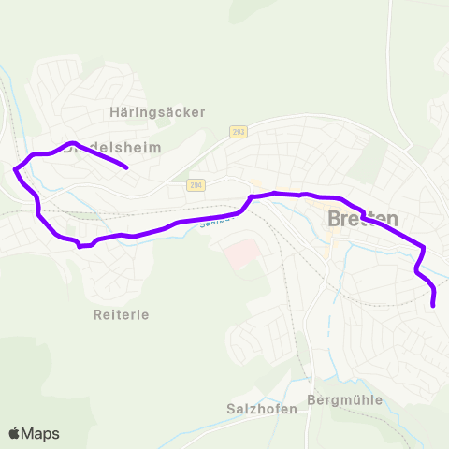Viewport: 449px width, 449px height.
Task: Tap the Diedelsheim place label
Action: coord(112,148)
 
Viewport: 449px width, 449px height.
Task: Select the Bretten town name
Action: coord(363,219)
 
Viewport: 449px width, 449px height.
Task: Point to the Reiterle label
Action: coord(121,314)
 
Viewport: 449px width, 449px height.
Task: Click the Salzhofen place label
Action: coord(262,409)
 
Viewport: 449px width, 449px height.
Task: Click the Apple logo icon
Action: coord(15,434)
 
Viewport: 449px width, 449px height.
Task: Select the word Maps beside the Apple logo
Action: coord(40,434)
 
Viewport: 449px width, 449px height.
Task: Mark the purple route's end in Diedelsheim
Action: coord(125,168)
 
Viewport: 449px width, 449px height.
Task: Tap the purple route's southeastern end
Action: coord(433,305)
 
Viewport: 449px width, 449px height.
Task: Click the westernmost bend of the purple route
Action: coord(15,169)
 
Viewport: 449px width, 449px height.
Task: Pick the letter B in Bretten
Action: coord(335,219)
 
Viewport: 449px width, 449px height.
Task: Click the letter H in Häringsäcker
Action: coord(112,112)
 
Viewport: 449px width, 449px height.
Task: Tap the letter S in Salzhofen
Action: coord(231,409)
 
